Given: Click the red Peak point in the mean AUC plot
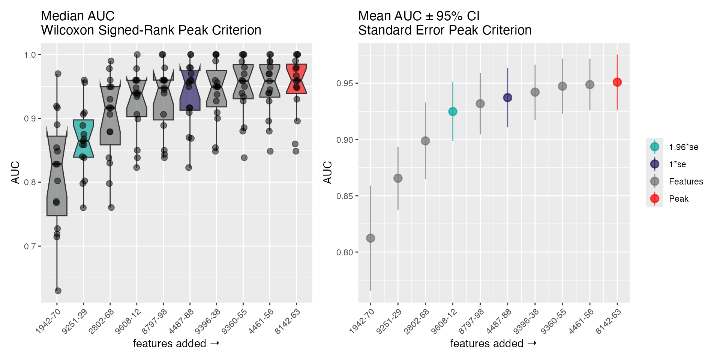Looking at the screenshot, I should tap(617, 82).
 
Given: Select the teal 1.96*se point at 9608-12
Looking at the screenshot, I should tap(453, 111).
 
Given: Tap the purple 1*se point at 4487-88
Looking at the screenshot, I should tap(507, 97).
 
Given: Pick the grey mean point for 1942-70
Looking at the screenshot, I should tap(370, 238).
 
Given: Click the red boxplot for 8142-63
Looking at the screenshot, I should tap(296, 79).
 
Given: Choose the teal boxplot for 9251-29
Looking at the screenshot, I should tap(83, 138).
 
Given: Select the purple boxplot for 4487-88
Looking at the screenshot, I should tap(190, 90).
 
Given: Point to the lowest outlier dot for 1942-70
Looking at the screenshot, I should tap(58, 291).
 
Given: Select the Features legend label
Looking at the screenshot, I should tap(686, 181).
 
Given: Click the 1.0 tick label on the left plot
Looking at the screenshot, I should tap(30, 55).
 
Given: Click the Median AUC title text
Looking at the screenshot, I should tap(78, 16).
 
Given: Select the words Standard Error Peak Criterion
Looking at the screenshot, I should tap(445, 30).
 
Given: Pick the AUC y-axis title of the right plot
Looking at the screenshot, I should tap(328, 172).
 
